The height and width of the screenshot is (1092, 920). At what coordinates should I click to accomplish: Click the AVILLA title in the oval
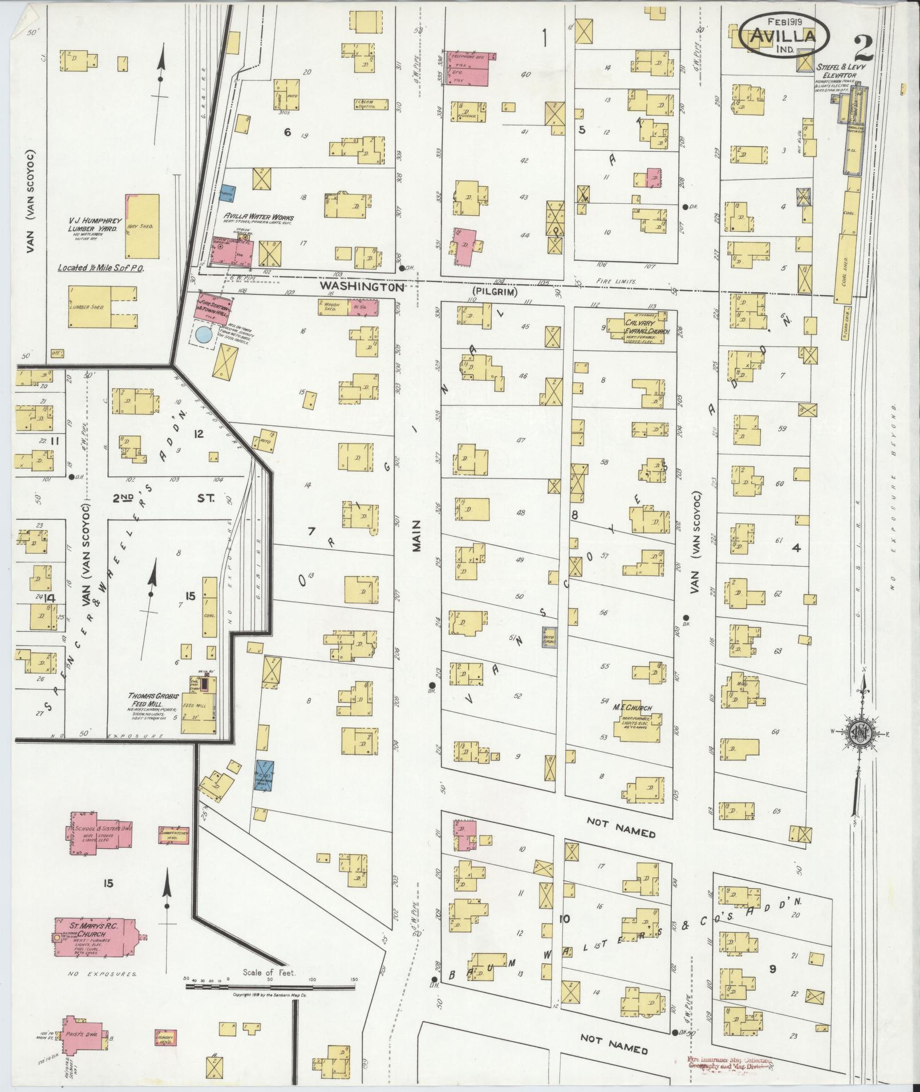click(781, 35)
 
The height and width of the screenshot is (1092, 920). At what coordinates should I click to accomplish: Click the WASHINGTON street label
click(362, 286)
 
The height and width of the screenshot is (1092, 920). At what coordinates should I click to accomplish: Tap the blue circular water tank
click(202, 335)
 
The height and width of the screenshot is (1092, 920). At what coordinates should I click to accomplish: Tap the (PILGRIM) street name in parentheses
click(497, 292)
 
